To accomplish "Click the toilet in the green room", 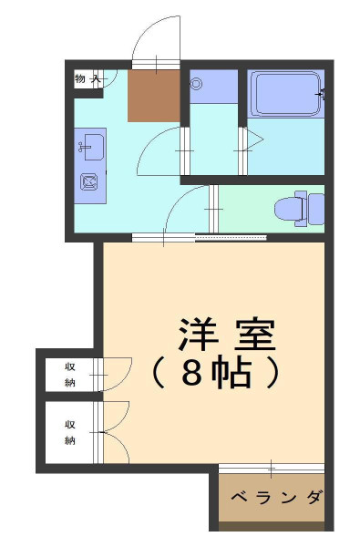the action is click(x=299, y=209).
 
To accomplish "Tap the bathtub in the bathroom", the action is click(x=287, y=94).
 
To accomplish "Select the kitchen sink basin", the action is click(x=94, y=147).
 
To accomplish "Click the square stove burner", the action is click(x=89, y=181).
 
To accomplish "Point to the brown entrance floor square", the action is click(x=154, y=96).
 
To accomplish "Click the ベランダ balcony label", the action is click(x=277, y=497).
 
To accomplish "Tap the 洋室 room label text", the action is click(x=227, y=335).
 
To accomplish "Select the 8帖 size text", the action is click(x=216, y=372).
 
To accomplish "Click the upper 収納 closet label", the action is click(x=70, y=375).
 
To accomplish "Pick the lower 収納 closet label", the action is click(x=70, y=432).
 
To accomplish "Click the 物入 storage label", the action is click(x=87, y=78).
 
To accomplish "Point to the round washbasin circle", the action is click(x=196, y=84).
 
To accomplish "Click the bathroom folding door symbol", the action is click(x=253, y=139).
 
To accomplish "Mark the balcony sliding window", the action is click(x=272, y=469).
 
